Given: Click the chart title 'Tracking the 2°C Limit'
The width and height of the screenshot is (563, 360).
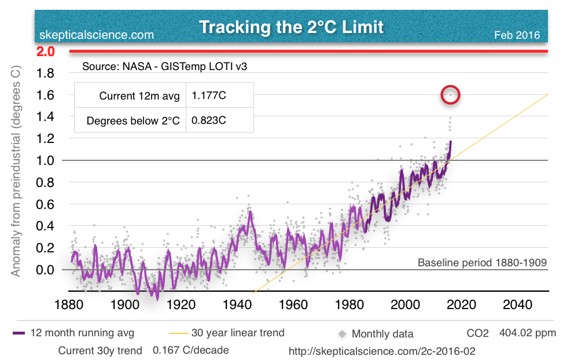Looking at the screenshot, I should (x=291, y=27).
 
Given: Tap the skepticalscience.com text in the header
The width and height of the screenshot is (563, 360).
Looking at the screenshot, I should (x=97, y=35).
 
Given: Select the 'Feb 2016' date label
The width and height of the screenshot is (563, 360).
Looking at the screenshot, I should (x=517, y=35).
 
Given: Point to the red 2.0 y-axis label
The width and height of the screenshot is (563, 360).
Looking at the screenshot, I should (x=46, y=52).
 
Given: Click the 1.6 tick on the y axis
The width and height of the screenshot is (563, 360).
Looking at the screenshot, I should (x=46, y=94).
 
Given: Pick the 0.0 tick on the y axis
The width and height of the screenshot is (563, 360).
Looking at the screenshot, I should (x=46, y=270).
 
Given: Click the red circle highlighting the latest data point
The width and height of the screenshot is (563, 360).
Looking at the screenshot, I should (x=450, y=94).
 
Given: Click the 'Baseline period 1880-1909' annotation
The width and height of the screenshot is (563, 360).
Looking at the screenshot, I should (x=482, y=263).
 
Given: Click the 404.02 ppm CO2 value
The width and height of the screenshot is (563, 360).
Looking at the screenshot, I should (x=530, y=333).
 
